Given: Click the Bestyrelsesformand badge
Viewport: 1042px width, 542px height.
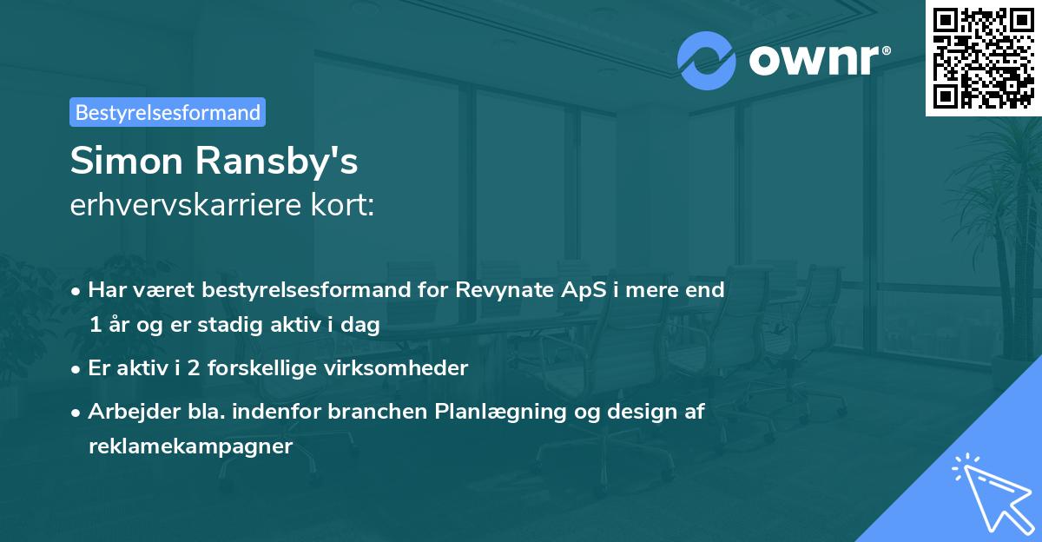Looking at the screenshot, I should tap(168, 112).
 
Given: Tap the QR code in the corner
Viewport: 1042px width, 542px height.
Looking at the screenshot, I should tap(983, 57).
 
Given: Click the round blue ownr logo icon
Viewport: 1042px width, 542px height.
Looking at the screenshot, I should tap(706, 60).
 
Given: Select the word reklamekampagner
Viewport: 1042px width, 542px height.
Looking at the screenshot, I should tap(191, 446).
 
